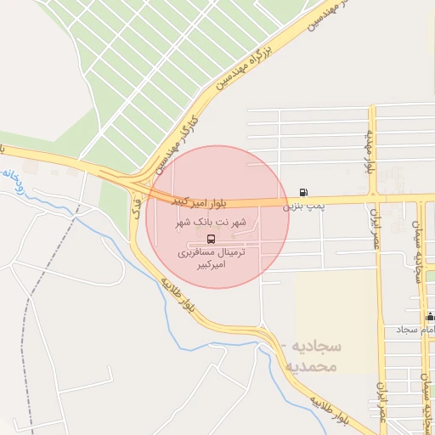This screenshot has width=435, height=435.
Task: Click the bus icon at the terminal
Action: [x=212, y=238]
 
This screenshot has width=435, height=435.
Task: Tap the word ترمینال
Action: [x=229, y=252]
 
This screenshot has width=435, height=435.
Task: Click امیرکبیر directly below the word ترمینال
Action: [x=212, y=265]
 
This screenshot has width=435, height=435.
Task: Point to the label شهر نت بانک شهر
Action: [x=211, y=223]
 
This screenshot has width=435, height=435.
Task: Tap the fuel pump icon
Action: [x=304, y=192]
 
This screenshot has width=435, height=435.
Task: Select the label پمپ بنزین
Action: [x=304, y=206]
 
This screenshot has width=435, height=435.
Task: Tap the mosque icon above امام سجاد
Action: [x=430, y=316]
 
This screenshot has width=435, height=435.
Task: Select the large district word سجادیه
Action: [x=314, y=347]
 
